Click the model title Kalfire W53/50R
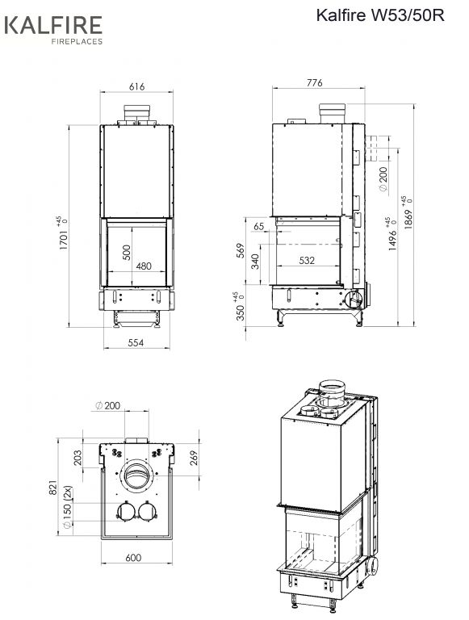coord(380,15)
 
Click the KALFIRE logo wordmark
coord(53,25)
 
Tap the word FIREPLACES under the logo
coord(77,41)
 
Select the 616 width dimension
coord(136,86)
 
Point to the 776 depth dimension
coord(314,82)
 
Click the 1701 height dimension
coord(63,240)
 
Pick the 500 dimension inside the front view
coord(127,252)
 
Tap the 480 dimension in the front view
coord(144,266)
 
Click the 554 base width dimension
coord(136,342)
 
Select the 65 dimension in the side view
coord(258,227)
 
